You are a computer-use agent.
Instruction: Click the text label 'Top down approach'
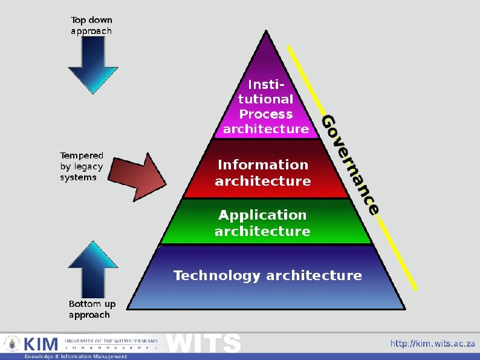point(91,25)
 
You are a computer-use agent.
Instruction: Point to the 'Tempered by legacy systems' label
point(82,166)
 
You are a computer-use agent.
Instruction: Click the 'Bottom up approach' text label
point(92,309)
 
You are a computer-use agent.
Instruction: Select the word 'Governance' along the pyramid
point(350,163)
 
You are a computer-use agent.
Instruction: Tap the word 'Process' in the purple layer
point(266,114)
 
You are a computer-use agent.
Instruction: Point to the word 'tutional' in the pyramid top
point(266,99)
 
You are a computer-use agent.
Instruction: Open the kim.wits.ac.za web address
point(432,344)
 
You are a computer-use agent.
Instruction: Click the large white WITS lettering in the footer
point(204,343)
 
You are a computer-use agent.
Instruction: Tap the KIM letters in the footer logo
point(41,344)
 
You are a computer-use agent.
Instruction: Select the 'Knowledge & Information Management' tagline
point(76,356)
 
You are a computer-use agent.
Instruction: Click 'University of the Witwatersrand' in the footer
point(111,341)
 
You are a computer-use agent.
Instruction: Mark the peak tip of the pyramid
point(267,31)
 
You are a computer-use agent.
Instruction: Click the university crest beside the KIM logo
point(11,344)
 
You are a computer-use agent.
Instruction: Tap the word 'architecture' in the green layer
point(263,231)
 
